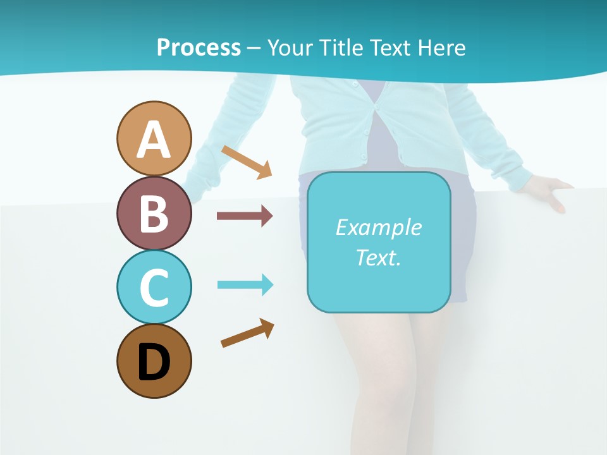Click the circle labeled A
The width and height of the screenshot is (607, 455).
click(154, 138)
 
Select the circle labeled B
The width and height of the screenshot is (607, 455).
click(154, 213)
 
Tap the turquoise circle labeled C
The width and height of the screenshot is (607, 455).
click(154, 287)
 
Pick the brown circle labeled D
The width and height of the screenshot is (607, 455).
click(154, 361)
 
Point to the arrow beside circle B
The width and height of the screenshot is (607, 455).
click(245, 216)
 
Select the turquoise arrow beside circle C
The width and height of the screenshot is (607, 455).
click(245, 284)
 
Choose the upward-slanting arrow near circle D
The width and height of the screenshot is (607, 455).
click(247, 333)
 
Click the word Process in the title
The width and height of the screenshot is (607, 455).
click(199, 47)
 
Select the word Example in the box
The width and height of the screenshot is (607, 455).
click(378, 227)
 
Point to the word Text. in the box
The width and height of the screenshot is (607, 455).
click(378, 257)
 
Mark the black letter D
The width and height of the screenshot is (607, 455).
click(154, 362)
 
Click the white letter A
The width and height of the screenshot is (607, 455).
click(154, 140)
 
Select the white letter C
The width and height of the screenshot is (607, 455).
click(154, 288)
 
